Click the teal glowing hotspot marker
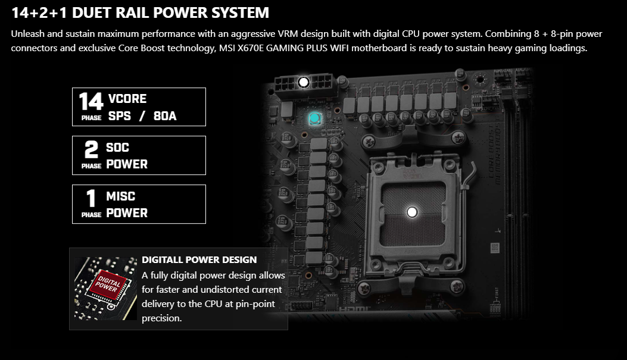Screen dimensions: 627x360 [x=315, y=118]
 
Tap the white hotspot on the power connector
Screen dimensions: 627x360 [x=304, y=82]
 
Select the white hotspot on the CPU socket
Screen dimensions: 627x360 [x=412, y=212]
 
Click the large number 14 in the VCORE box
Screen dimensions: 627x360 [x=91, y=101]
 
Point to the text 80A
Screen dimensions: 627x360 [x=165, y=116]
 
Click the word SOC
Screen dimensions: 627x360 [x=117, y=148]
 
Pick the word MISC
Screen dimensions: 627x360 [x=121, y=196]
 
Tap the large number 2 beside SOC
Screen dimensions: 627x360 [x=91, y=149]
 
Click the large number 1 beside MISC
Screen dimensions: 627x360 [x=91, y=198]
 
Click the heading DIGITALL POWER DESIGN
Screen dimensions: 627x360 [x=199, y=259]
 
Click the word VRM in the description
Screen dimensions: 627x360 [x=288, y=33]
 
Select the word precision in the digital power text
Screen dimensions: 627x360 [x=161, y=318]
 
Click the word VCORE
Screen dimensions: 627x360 [x=127, y=99]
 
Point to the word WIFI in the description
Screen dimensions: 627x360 [x=339, y=48]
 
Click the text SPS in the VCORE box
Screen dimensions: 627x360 [x=120, y=116]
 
